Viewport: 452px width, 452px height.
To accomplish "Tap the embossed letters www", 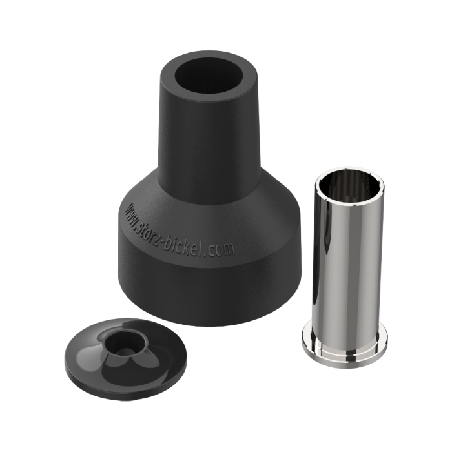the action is [132, 216].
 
